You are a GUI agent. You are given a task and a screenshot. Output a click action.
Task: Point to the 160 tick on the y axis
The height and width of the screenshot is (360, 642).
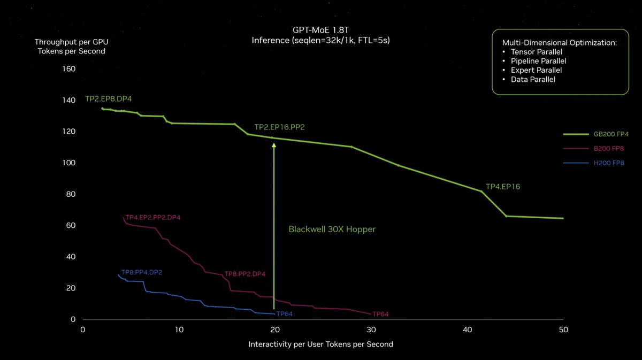click(70, 69)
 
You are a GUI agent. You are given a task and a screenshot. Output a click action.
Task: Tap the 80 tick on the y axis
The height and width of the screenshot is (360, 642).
click(71, 194)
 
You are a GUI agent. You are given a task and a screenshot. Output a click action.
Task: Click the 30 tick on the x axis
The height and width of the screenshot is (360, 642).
click(370, 330)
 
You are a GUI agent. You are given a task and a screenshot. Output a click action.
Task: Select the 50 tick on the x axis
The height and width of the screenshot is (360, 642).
click(562, 330)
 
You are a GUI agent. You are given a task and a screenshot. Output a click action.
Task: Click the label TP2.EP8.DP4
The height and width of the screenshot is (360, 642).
click(108, 99)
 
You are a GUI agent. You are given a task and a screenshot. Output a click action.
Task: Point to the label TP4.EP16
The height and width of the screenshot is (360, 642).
click(503, 187)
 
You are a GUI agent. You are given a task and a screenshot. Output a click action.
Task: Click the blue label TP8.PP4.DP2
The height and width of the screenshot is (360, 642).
click(142, 272)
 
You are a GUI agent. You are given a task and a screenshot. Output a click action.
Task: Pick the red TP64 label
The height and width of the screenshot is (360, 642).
click(380, 314)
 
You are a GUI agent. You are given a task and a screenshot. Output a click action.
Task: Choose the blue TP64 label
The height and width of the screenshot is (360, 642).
click(285, 313)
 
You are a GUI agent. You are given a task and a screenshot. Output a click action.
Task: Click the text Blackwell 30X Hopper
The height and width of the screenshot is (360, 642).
click(332, 229)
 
